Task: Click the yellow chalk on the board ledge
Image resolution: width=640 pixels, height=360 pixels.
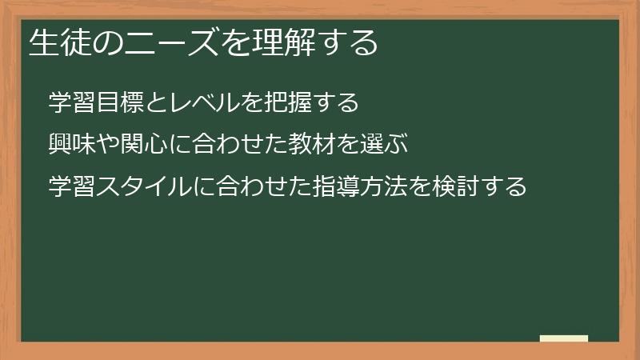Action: [563, 338]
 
